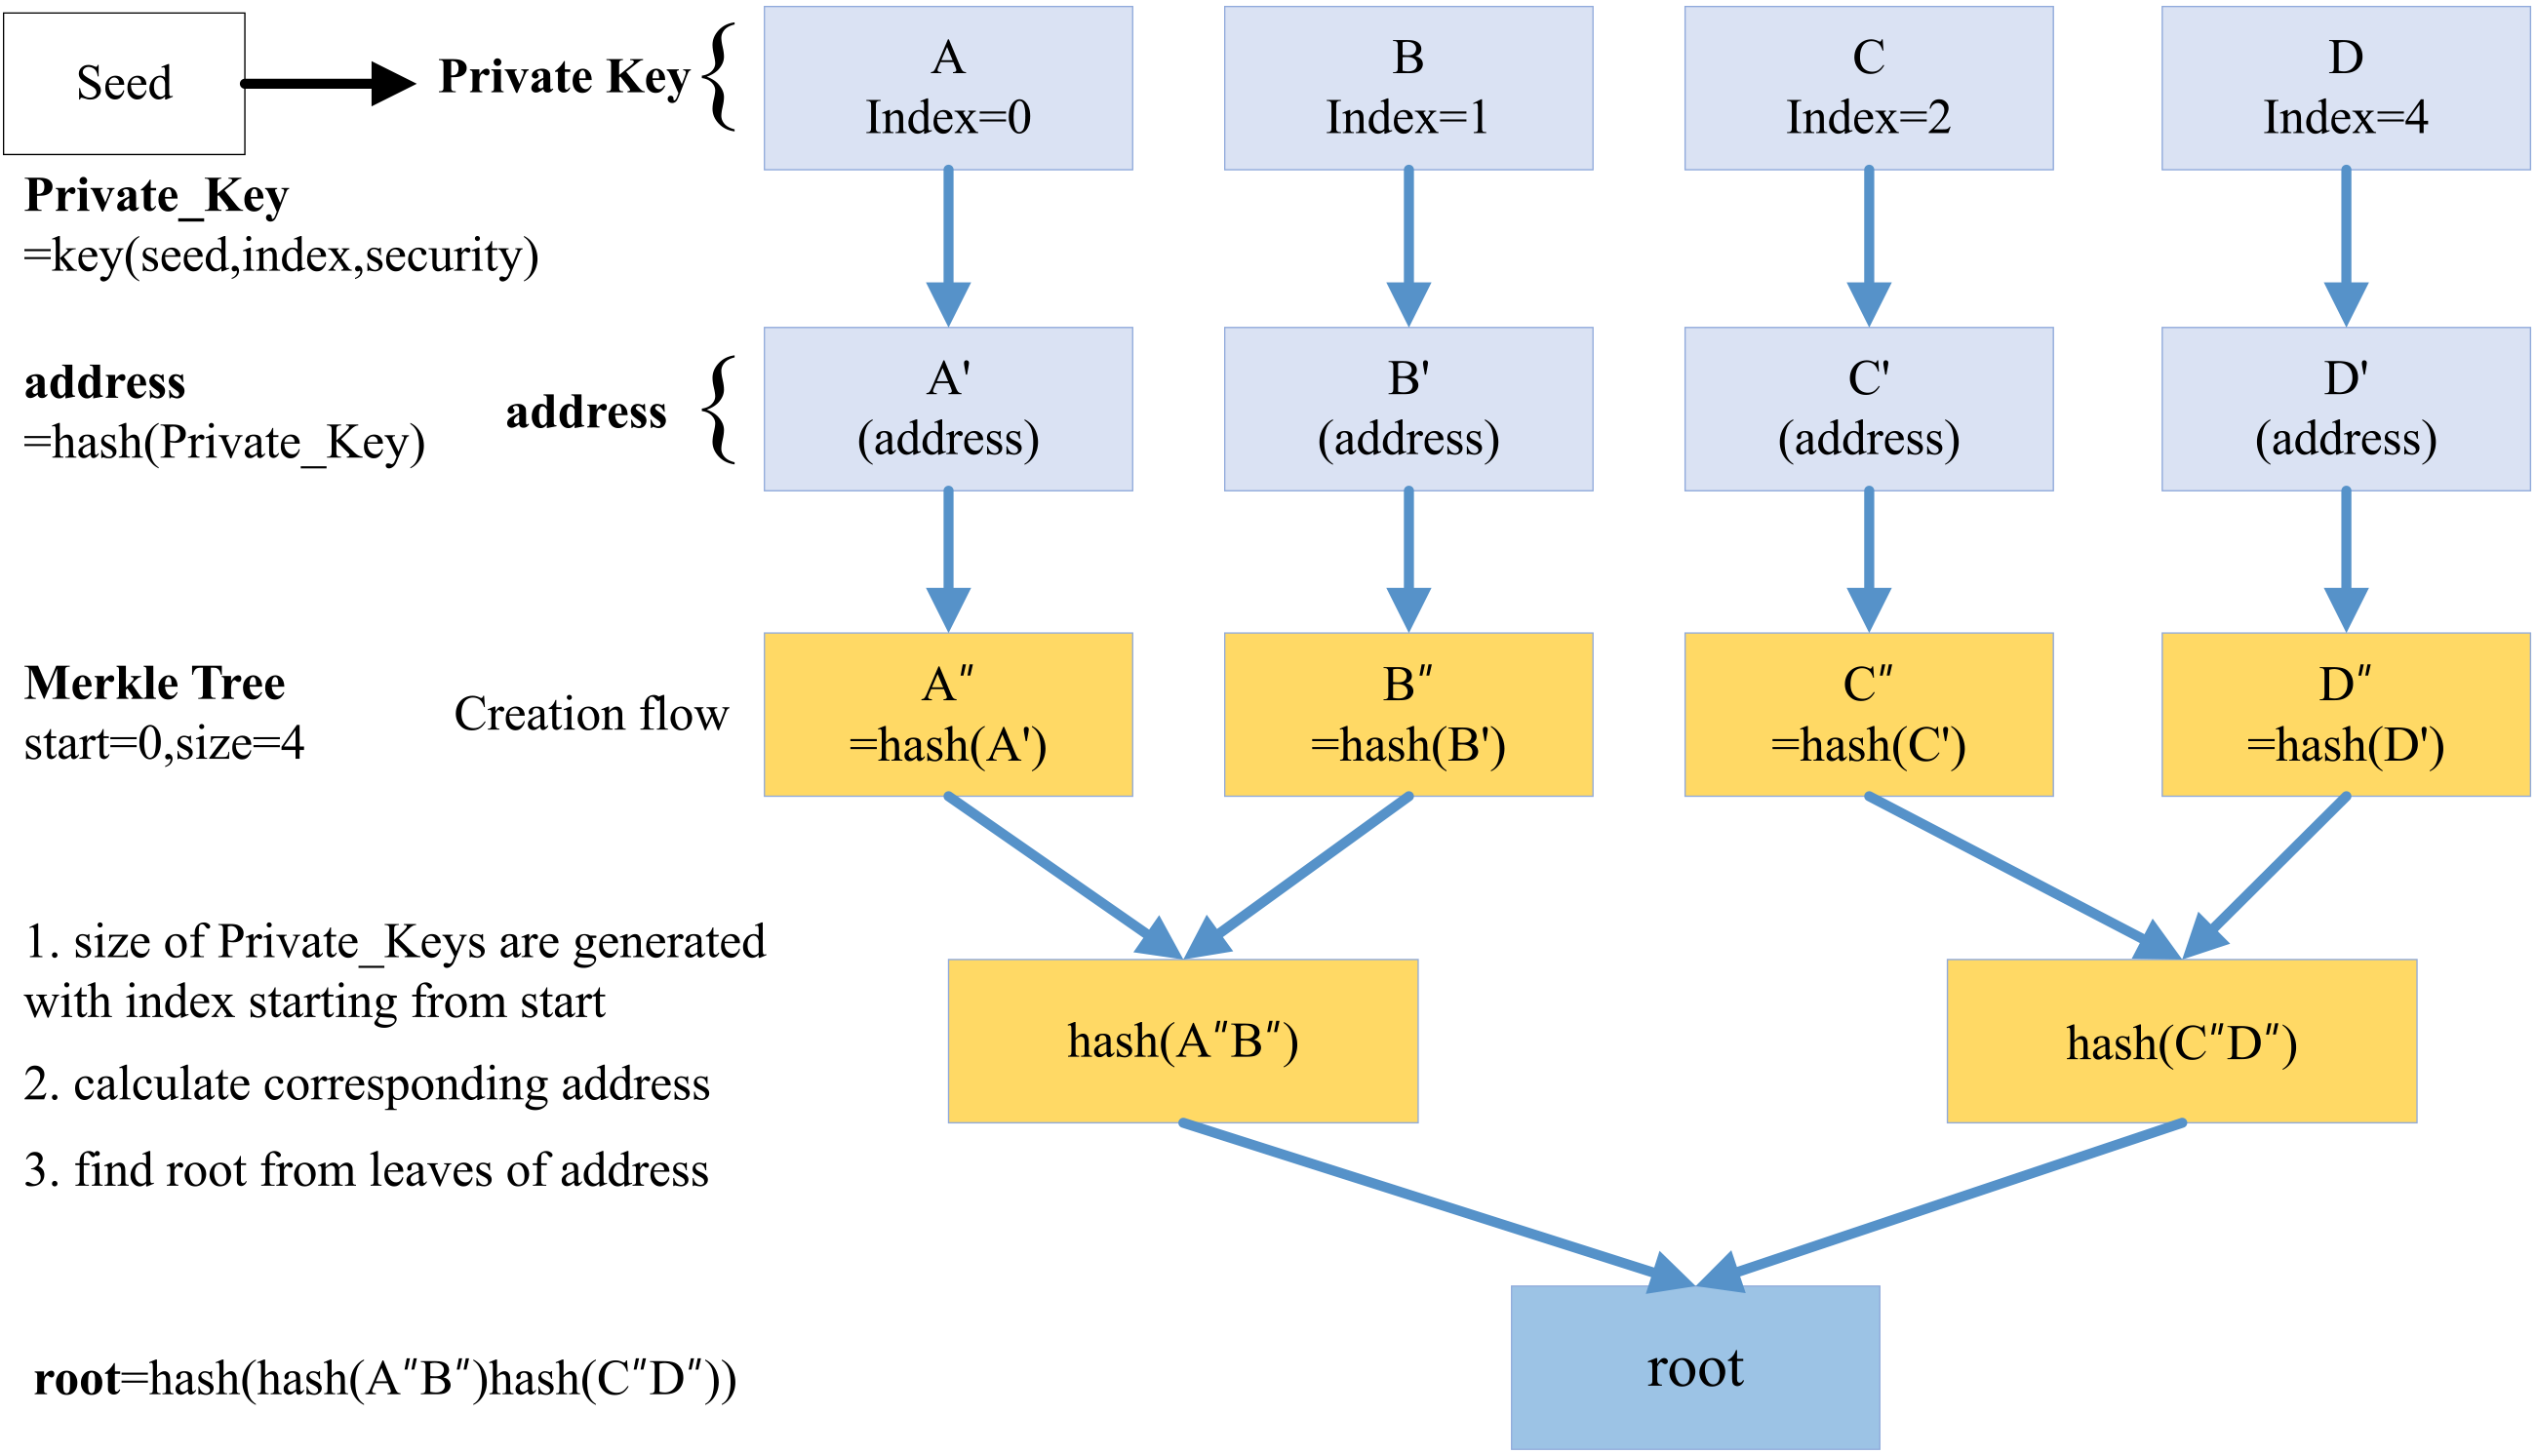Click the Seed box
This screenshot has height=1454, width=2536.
124,84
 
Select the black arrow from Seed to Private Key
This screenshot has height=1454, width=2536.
329,84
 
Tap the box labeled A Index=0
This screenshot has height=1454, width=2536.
948,88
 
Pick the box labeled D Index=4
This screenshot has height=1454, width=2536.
2345,88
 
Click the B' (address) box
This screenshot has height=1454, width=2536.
1408,409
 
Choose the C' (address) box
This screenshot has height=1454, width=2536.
1869,409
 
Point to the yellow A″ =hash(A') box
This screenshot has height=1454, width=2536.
948,714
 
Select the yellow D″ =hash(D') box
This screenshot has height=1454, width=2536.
2345,714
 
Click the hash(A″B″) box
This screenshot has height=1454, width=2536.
1182,1041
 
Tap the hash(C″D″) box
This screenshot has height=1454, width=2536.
2181,1041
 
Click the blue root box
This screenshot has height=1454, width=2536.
1695,1367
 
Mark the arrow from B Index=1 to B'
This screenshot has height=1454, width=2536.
1408,248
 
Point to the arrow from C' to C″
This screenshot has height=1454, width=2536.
1869,560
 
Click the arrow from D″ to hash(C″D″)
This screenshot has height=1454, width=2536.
2264,877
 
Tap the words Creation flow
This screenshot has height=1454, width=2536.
591,714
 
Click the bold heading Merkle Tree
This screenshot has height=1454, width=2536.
155,683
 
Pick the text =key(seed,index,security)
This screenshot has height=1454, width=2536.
281,256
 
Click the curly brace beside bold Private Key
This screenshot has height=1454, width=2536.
719,77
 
